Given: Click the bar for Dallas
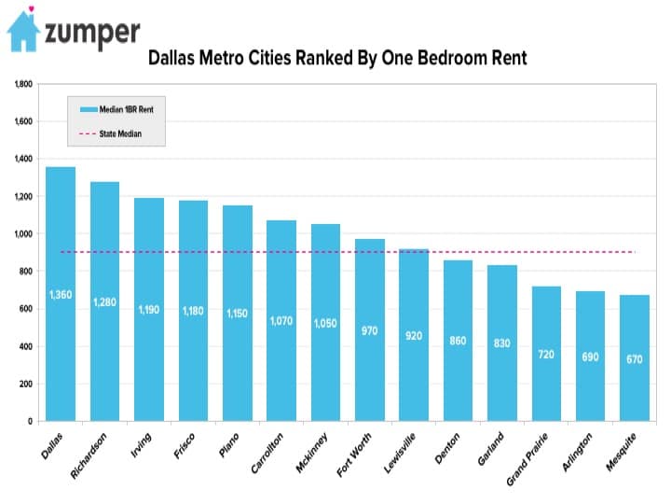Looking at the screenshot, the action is point(61,294).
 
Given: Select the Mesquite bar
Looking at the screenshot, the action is point(635,357).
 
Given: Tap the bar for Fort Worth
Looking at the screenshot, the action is point(370,330).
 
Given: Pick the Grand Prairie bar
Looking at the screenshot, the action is point(546,354).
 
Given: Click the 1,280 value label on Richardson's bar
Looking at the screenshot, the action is point(104,302).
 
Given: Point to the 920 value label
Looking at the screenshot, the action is point(414,336).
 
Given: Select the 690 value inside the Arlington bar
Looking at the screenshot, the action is point(590,357).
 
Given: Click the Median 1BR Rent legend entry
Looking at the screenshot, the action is point(116,109).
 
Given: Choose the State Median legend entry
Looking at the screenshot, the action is point(110,133).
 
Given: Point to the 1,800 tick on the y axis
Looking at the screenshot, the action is point(23,84).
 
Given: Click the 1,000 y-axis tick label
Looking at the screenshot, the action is point(23,233).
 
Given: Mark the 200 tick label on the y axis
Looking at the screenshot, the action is point(26,384).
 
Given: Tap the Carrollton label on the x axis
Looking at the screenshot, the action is point(267,453).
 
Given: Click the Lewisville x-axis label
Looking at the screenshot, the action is point(400,453).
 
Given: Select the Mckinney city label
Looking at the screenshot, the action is point(312,453).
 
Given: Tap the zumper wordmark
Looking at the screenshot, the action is point(92,34).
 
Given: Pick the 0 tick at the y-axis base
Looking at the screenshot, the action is point(30,421).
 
